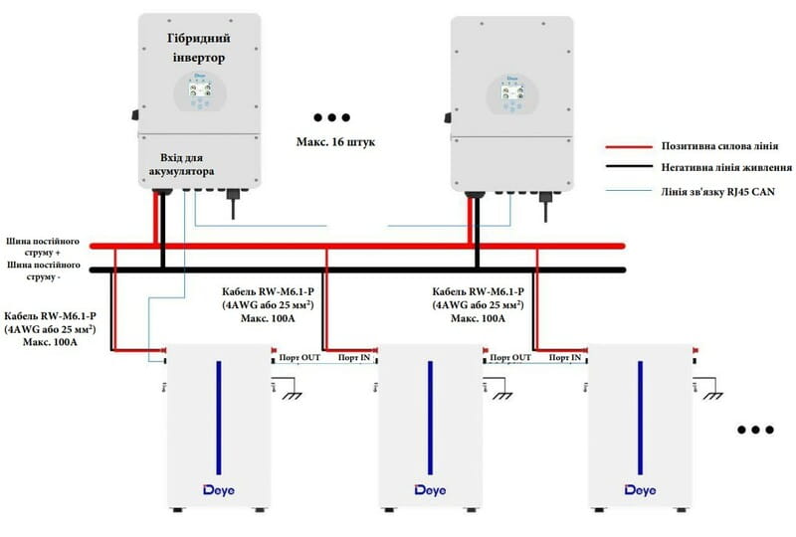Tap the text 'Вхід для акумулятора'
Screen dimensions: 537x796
tap(189, 164)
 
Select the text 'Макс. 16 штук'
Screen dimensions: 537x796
tap(328, 142)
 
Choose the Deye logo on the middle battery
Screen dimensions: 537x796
tap(429, 489)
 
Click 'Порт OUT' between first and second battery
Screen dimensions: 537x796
tap(298, 357)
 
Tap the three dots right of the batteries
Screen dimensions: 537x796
tap(755, 430)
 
